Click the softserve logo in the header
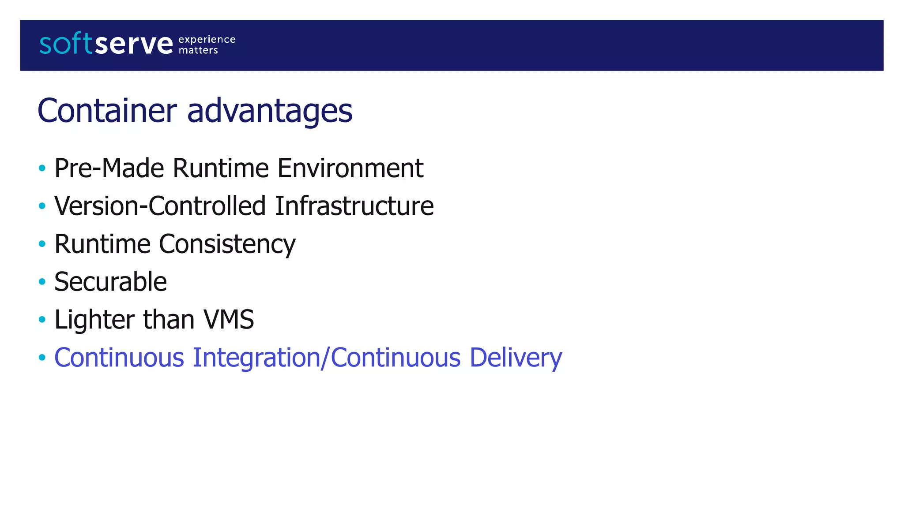coord(106,44)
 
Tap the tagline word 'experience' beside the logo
coord(207,40)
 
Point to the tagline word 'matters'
coord(198,51)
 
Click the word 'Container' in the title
coord(107,110)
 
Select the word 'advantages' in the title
coord(270,111)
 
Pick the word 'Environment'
coord(350,168)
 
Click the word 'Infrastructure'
coord(354,206)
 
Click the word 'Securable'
coord(110,282)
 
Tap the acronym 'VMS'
coord(228,319)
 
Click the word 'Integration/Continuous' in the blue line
coord(327,358)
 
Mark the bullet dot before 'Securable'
coord(42,281)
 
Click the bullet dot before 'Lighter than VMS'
coord(42,319)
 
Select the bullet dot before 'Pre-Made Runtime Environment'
coord(42,168)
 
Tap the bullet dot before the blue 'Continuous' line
coord(42,357)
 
